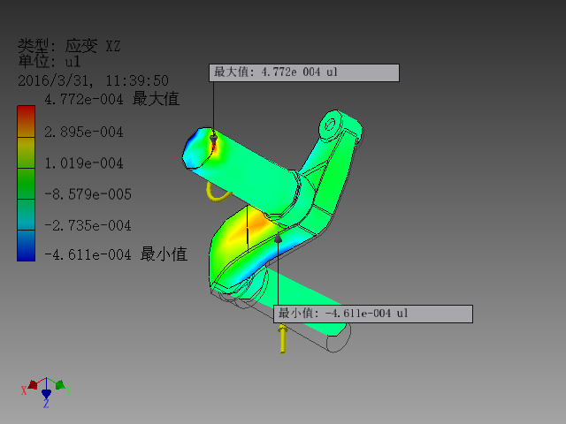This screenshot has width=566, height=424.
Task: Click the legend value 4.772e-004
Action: (x=83, y=100)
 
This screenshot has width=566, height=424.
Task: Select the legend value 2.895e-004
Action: (x=83, y=132)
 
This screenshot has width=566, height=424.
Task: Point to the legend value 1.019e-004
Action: (x=83, y=163)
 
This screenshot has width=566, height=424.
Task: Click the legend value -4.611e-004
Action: (x=87, y=255)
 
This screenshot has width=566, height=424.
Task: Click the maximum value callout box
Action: (x=304, y=72)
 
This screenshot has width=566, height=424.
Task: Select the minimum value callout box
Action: (x=374, y=314)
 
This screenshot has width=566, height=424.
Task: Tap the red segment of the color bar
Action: (x=27, y=113)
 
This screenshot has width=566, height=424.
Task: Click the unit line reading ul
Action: (x=49, y=62)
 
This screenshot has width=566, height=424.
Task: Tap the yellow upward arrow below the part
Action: (x=282, y=337)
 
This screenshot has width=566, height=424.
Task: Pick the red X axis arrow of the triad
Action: (x=32, y=385)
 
